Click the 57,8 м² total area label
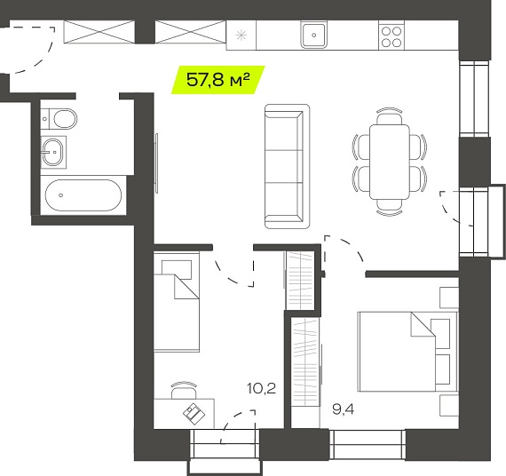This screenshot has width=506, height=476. click(218, 79)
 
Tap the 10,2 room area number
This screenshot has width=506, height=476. click(261, 388)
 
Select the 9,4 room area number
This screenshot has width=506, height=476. click(343, 409)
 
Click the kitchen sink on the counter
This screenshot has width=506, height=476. click(313, 35)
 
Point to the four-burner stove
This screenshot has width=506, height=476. click(391, 36)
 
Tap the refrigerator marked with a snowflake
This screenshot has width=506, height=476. click(241, 36)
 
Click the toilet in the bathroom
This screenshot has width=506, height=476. click(59, 119)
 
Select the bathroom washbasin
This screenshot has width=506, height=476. click(53, 152)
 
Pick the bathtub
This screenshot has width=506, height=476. click(83, 195)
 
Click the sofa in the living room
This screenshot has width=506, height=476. click(287, 166)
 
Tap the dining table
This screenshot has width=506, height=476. click(390, 162)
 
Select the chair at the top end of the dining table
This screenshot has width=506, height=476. click(390, 115)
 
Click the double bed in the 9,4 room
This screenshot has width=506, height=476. click(407, 352)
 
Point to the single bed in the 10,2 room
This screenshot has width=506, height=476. click(176, 302)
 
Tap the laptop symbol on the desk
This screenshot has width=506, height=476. click(194, 414)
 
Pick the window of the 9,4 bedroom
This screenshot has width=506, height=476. click(368, 444)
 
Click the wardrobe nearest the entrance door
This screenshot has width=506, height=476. click(99, 32)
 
